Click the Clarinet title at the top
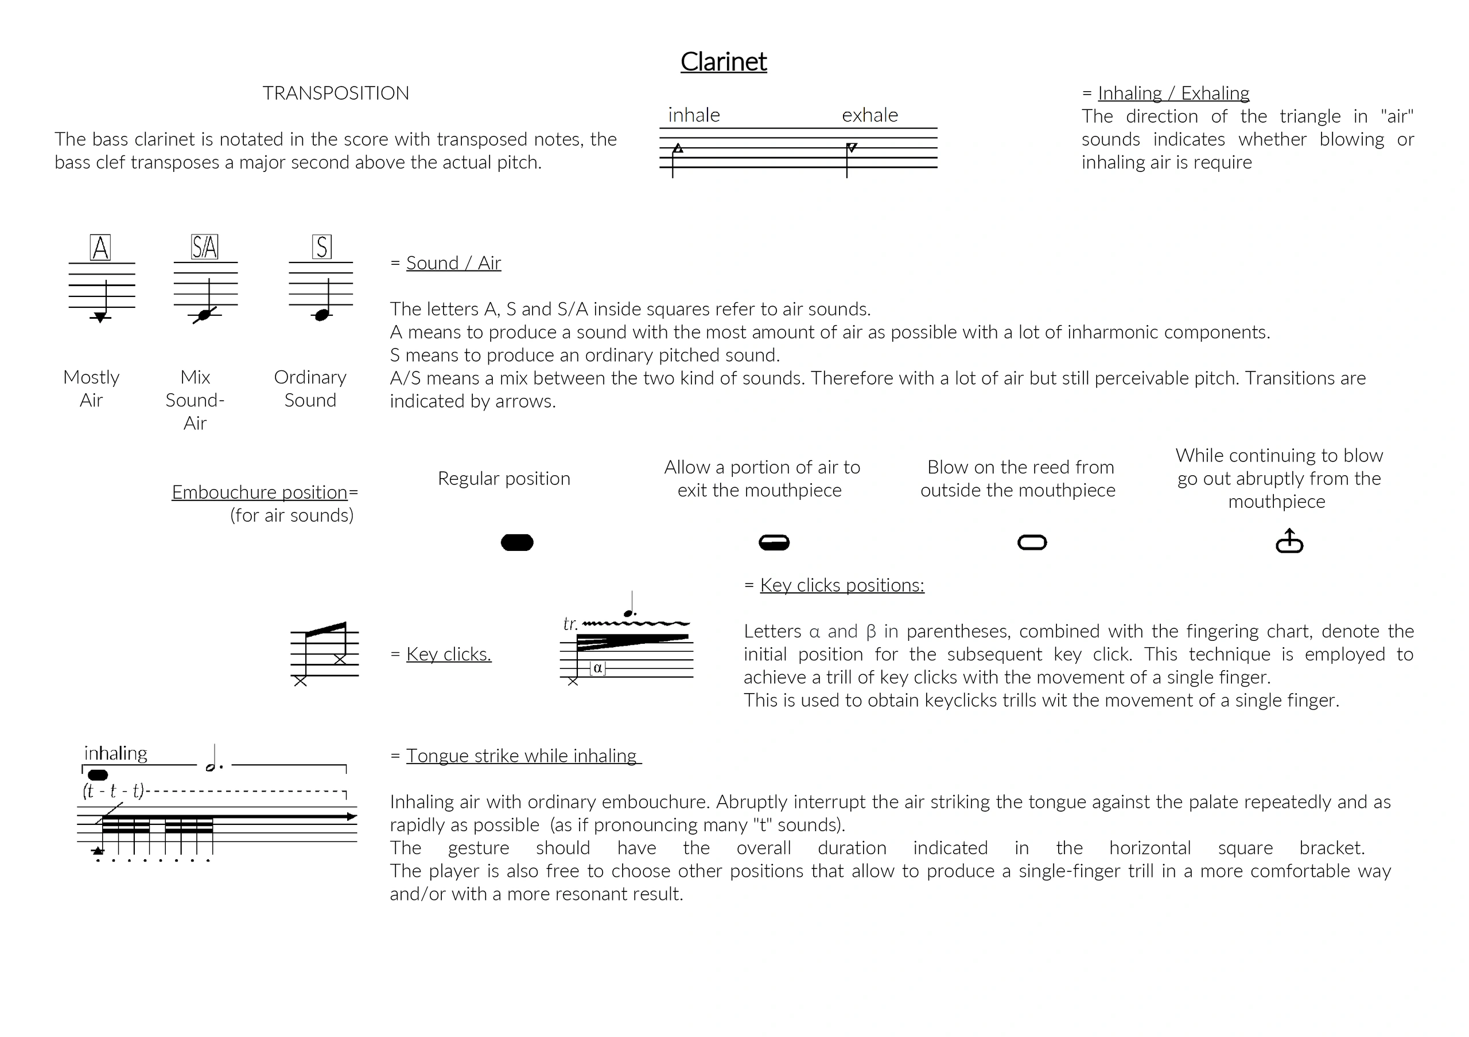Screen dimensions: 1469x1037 (724, 62)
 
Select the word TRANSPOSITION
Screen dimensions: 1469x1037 (336, 93)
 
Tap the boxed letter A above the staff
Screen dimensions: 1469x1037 (100, 248)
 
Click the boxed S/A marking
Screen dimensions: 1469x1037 (205, 247)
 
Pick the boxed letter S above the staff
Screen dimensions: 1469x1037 (322, 247)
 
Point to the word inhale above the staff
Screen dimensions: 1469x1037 (694, 115)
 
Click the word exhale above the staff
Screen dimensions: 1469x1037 (870, 115)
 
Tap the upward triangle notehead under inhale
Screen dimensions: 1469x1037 (678, 148)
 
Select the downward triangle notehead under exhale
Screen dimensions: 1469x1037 (852, 148)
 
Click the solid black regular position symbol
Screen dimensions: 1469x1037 (517, 543)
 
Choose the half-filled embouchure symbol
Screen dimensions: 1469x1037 (774, 543)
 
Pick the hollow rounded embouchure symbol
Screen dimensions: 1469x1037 (1032, 543)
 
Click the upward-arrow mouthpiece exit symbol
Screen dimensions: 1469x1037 (1289, 541)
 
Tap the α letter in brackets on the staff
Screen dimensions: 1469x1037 (597, 668)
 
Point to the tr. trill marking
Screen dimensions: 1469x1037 (570, 624)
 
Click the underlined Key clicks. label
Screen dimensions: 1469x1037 (449, 655)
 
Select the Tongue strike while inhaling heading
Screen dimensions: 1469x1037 (522, 756)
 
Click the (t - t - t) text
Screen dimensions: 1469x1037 (113, 792)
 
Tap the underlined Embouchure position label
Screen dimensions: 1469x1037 (260, 492)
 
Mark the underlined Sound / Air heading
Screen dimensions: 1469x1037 (454, 263)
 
